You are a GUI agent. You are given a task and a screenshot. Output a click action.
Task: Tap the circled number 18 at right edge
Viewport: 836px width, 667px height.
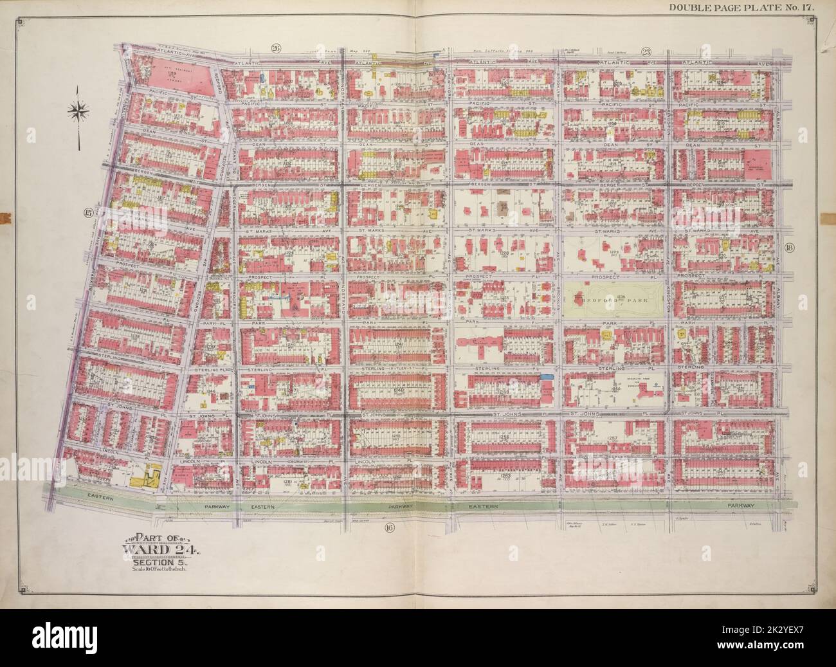click(790, 248)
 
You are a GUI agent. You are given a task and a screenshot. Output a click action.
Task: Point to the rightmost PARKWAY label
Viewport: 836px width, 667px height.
click(753, 506)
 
